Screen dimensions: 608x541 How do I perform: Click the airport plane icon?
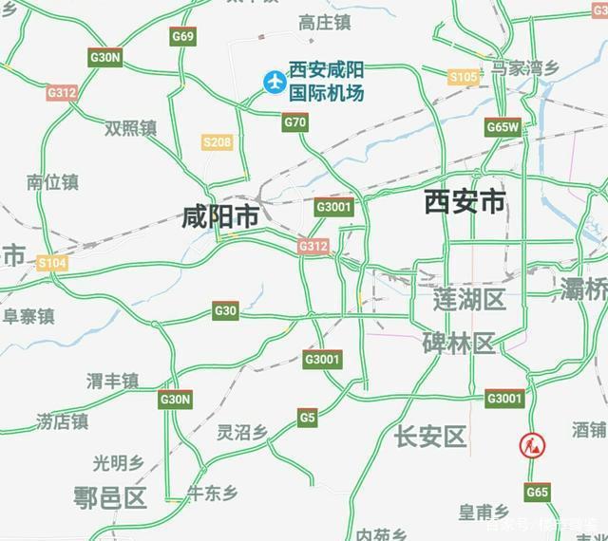275,83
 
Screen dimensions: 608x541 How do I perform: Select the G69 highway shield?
183,36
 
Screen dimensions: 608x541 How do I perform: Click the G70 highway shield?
295,121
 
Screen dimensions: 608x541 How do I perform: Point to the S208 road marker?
218,142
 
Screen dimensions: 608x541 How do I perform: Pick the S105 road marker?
464,77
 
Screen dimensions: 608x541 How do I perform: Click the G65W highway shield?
503,126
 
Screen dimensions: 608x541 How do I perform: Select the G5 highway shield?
307,417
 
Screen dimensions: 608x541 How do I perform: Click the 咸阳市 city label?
220,217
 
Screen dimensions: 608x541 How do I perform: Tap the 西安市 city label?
465,202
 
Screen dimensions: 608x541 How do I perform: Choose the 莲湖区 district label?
469,300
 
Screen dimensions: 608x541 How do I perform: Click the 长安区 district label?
430,436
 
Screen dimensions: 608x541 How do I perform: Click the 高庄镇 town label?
324,22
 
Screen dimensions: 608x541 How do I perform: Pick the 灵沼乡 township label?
242,433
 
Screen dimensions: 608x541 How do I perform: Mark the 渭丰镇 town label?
112,381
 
